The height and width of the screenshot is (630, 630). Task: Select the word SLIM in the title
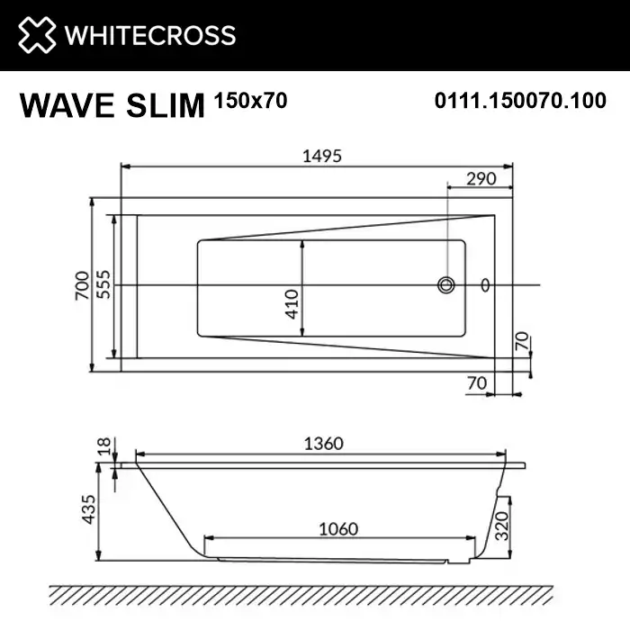pyautogui.click(x=168, y=105)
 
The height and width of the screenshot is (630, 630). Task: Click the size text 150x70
pyautogui.click(x=251, y=101)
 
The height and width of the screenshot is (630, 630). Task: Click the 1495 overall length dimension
pyautogui.click(x=322, y=156)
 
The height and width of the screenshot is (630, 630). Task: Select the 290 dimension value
pyautogui.click(x=481, y=178)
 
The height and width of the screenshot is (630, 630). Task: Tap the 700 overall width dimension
pyautogui.click(x=82, y=284)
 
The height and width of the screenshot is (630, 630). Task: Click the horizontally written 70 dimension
pyautogui.click(x=478, y=383)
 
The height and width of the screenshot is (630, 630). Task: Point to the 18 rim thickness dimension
pyautogui.click(x=104, y=445)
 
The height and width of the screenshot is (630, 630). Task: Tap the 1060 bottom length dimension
pyautogui.click(x=337, y=528)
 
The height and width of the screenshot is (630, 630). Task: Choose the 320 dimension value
pyautogui.click(x=509, y=521)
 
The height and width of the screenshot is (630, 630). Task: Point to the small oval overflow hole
pyautogui.click(x=486, y=285)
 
